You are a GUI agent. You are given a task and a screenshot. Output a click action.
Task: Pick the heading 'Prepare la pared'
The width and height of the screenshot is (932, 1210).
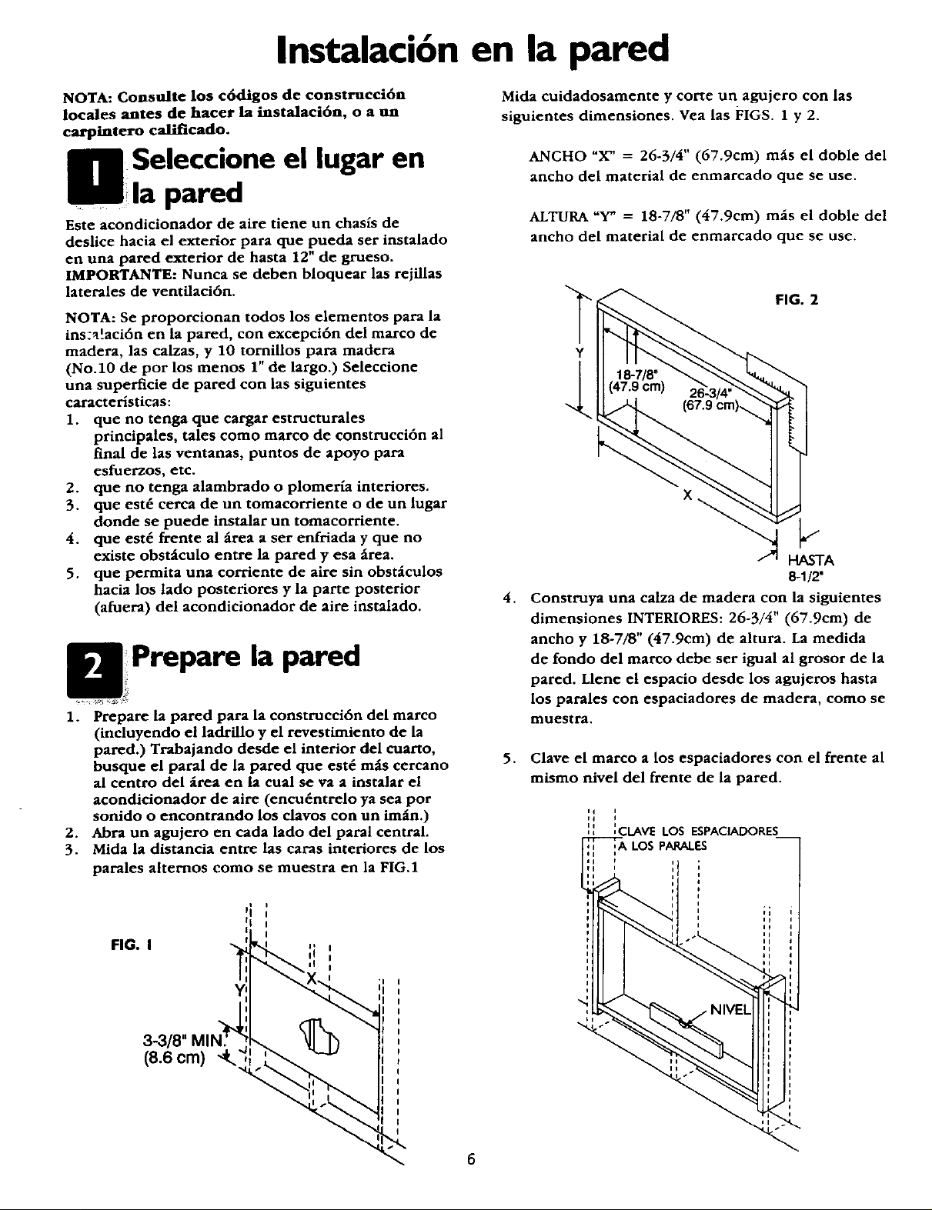point(246,658)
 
